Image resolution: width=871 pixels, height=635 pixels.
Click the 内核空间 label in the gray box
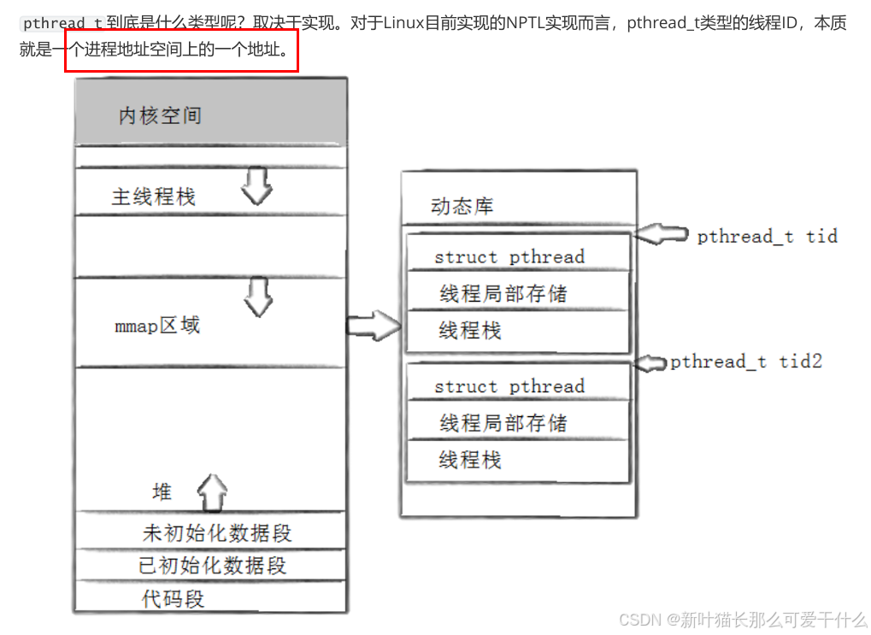tap(160, 115)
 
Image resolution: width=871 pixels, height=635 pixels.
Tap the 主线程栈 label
tap(154, 197)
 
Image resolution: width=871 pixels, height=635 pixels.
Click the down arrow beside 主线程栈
tap(256, 185)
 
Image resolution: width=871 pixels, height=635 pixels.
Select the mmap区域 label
tap(157, 326)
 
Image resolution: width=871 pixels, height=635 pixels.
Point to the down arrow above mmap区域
tap(257, 295)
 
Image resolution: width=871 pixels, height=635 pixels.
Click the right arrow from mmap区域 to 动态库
tap(374, 325)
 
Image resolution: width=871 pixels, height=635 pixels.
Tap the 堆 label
tap(162, 491)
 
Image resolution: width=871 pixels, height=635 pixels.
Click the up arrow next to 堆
tap(212, 493)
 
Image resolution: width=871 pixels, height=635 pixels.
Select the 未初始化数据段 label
tap(217, 533)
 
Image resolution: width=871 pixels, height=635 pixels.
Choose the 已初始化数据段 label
tap(212, 566)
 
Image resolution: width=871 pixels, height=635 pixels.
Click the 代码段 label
tap(173, 598)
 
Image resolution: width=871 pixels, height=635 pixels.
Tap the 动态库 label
tap(462, 207)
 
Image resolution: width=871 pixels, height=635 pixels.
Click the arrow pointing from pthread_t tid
tap(663, 233)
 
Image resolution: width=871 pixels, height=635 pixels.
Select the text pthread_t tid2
tap(745, 362)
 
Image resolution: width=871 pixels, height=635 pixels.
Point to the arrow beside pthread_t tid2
tap(650, 362)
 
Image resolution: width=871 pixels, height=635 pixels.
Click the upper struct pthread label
tap(509, 256)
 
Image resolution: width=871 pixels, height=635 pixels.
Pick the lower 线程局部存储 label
tap(503, 423)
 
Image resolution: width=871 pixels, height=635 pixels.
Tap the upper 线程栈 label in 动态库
tap(470, 331)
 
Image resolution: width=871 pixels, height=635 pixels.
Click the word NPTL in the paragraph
tap(531, 23)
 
